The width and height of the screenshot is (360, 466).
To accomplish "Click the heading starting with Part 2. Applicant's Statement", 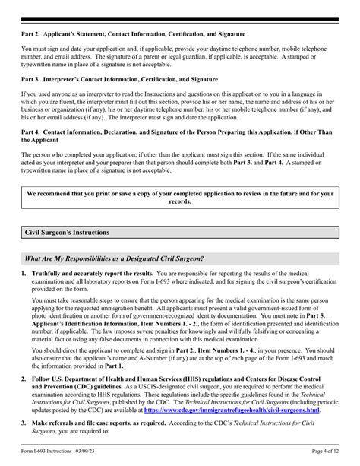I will [133, 34].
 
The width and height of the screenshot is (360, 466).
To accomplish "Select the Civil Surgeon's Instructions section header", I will [68, 232].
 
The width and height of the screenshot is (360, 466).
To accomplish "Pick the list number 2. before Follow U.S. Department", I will [24, 379].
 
